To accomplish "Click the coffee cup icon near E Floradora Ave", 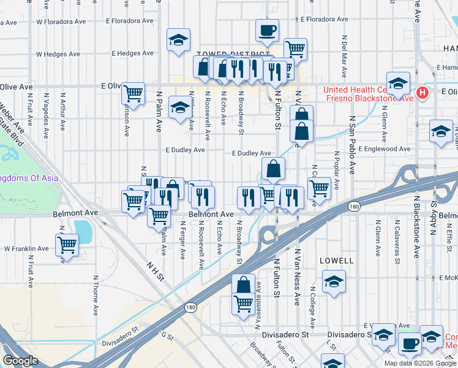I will coord(266,30).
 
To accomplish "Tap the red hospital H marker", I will coord(422,93).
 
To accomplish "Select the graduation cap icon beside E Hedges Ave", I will coord(178,40).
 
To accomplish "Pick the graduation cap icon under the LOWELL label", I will coord(333,282).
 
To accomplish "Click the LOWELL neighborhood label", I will coord(337,261).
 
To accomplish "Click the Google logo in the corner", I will coord(21,360).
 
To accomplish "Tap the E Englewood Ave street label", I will coord(385,149).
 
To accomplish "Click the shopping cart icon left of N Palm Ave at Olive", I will coord(133,93).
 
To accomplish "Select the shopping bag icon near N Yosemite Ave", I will coord(243,285).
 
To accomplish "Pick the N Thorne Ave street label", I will coord(96,295).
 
